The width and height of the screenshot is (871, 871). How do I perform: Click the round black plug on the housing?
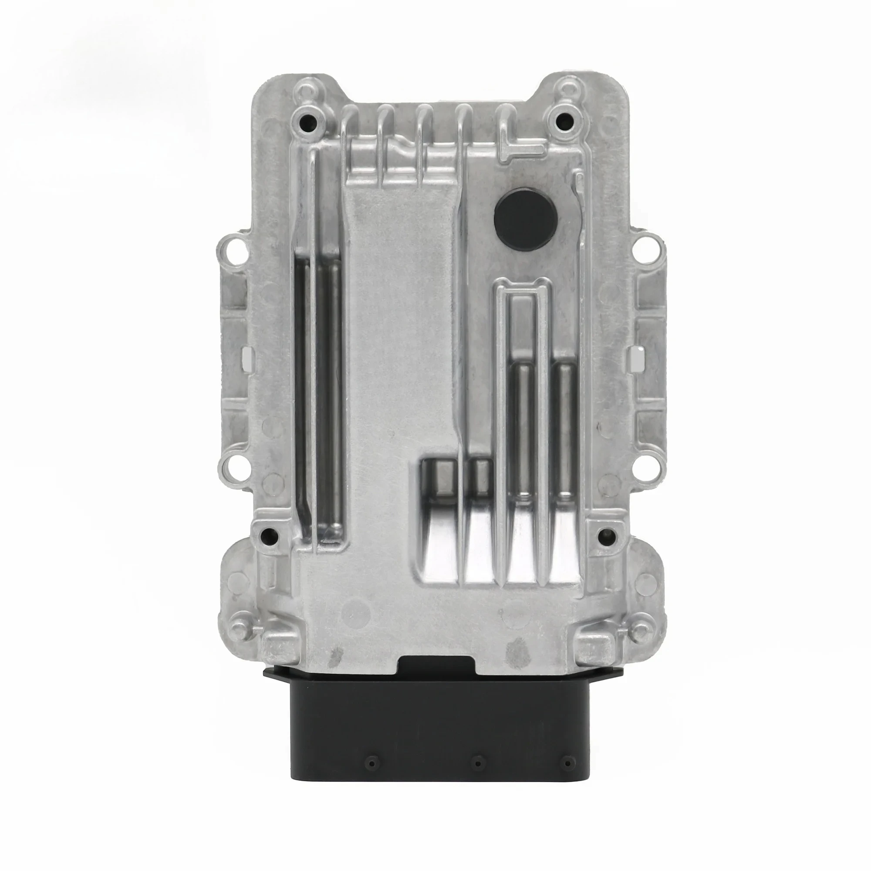point(526,216)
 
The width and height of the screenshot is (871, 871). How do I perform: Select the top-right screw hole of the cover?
point(562,120)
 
